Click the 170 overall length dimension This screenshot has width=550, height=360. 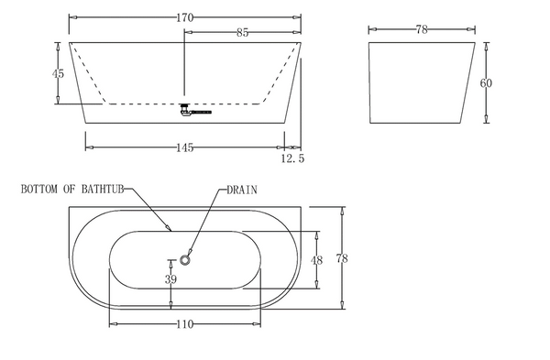click(184, 17)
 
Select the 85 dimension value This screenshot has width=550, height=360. click(242, 33)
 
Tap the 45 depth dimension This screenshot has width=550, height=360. click(59, 73)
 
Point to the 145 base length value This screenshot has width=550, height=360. click(184, 147)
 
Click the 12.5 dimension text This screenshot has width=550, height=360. click(293, 158)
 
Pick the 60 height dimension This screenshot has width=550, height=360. click(486, 83)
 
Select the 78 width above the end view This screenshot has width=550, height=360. click(422, 30)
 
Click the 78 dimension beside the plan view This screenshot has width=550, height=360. click(342, 258)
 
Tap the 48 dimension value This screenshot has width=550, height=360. click(316, 260)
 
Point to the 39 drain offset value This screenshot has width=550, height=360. click(170, 279)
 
